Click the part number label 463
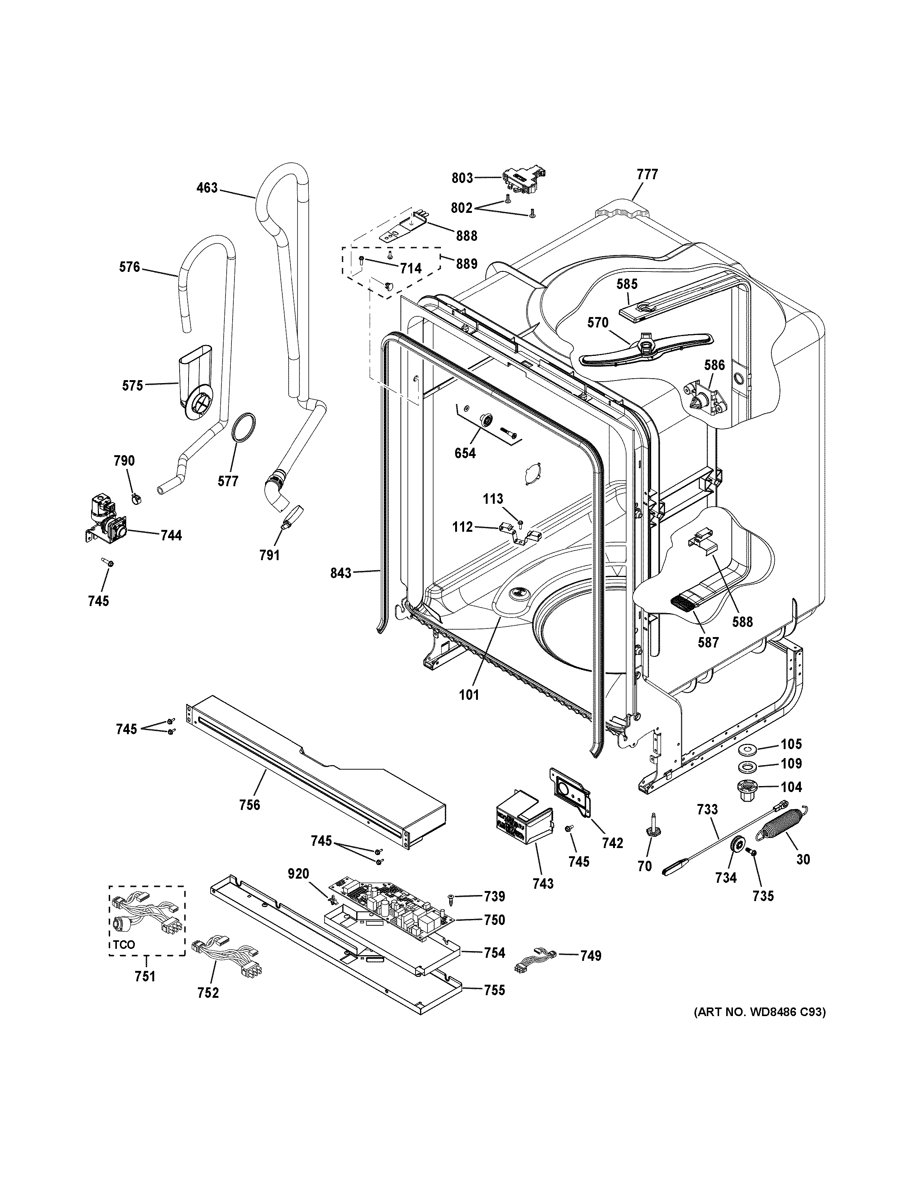207,188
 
